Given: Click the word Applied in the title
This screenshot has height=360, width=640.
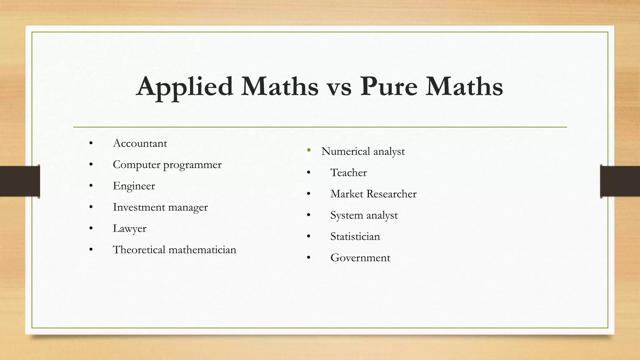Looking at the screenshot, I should pos(185,87).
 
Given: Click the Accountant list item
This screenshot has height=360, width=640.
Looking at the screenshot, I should pos(140,143).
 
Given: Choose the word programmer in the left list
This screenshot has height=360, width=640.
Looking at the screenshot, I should pos(192,165).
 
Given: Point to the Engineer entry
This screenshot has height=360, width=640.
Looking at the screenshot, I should pos(134,186).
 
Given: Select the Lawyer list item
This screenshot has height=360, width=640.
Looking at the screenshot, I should pos(129,228).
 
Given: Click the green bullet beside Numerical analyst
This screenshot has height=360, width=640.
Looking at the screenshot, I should pos(309,150).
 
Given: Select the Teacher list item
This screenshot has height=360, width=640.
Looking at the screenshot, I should pos(348,172).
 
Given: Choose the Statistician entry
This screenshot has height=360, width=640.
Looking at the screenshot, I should pos(355,237).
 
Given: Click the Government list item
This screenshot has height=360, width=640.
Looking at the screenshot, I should pos(360,258).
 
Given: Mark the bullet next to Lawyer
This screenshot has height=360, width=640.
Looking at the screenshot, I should pos(91,228).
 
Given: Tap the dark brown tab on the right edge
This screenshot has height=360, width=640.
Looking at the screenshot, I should pos(620,181).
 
